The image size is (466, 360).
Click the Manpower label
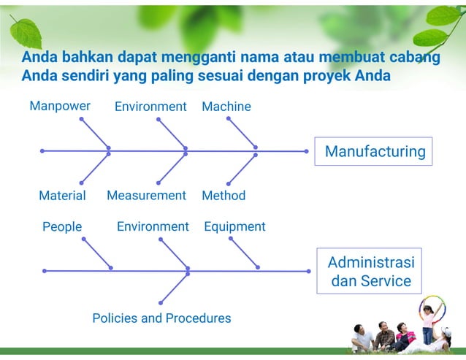point(60,106)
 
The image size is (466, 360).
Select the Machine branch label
point(226,107)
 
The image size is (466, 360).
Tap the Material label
point(62,196)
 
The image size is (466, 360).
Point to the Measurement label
point(146,195)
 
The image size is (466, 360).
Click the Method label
point(224,196)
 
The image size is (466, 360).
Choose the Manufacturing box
point(374,151)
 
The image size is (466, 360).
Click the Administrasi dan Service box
point(370,271)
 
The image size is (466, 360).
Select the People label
point(62,226)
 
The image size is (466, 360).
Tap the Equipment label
point(234,226)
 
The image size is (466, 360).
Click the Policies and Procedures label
point(161,318)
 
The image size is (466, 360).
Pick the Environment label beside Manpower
point(150,107)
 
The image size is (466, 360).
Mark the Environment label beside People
point(153,226)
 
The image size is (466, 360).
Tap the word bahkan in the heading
point(85,57)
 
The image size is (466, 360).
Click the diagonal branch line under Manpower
point(94,133)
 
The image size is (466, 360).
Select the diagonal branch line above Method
point(242,169)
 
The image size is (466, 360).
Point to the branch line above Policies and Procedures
point(174,287)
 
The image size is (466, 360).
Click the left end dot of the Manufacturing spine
point(42,151)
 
